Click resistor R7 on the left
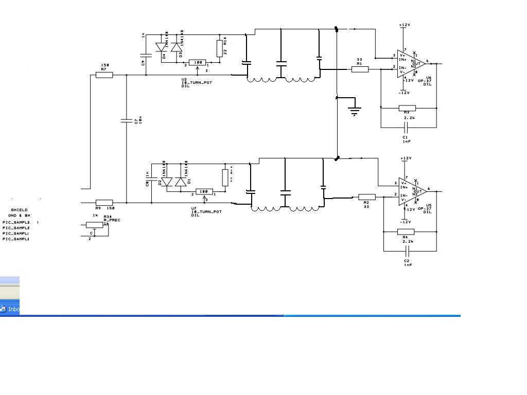click(x=104, y=75)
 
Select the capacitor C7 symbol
click(x=126, y=121)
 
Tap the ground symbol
click(x=355, y=110)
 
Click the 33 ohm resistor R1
click(x=360, y=69)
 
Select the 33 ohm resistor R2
click(x=366, y=196)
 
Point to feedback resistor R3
click(x=407, y=108)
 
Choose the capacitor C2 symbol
click(x=407, y=252)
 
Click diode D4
click(x=165, y=47)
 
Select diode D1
click(x=180, y=182)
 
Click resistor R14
click(x=219, y=48)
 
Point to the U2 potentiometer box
click(x=197, y=62)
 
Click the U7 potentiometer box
click(x=204, y=191)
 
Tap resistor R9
click(x=104, y=203)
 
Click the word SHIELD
click(x=19, y=210)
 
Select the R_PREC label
click(x=112, y=220)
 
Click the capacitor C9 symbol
click(x=146, y=54)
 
